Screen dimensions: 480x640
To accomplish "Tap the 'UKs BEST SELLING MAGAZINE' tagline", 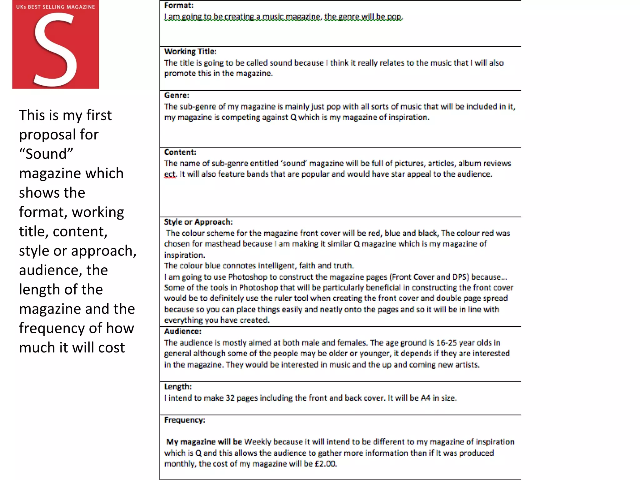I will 55,7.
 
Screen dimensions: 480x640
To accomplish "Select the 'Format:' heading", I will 179,5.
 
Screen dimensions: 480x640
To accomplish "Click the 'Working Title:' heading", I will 190,52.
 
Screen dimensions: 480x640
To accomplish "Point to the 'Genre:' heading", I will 177,95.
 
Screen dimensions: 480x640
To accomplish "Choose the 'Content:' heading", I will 180,152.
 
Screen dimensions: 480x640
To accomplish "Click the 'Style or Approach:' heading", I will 198,222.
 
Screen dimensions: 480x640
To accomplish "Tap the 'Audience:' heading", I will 182,331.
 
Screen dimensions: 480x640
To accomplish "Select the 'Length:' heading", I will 178,387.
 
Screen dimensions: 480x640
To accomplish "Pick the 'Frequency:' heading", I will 184,420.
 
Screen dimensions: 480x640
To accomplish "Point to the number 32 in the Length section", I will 230,398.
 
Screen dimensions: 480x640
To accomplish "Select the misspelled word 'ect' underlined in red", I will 170,174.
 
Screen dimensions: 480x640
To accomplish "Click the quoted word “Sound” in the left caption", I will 46,154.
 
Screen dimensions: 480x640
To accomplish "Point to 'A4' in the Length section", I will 425,398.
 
